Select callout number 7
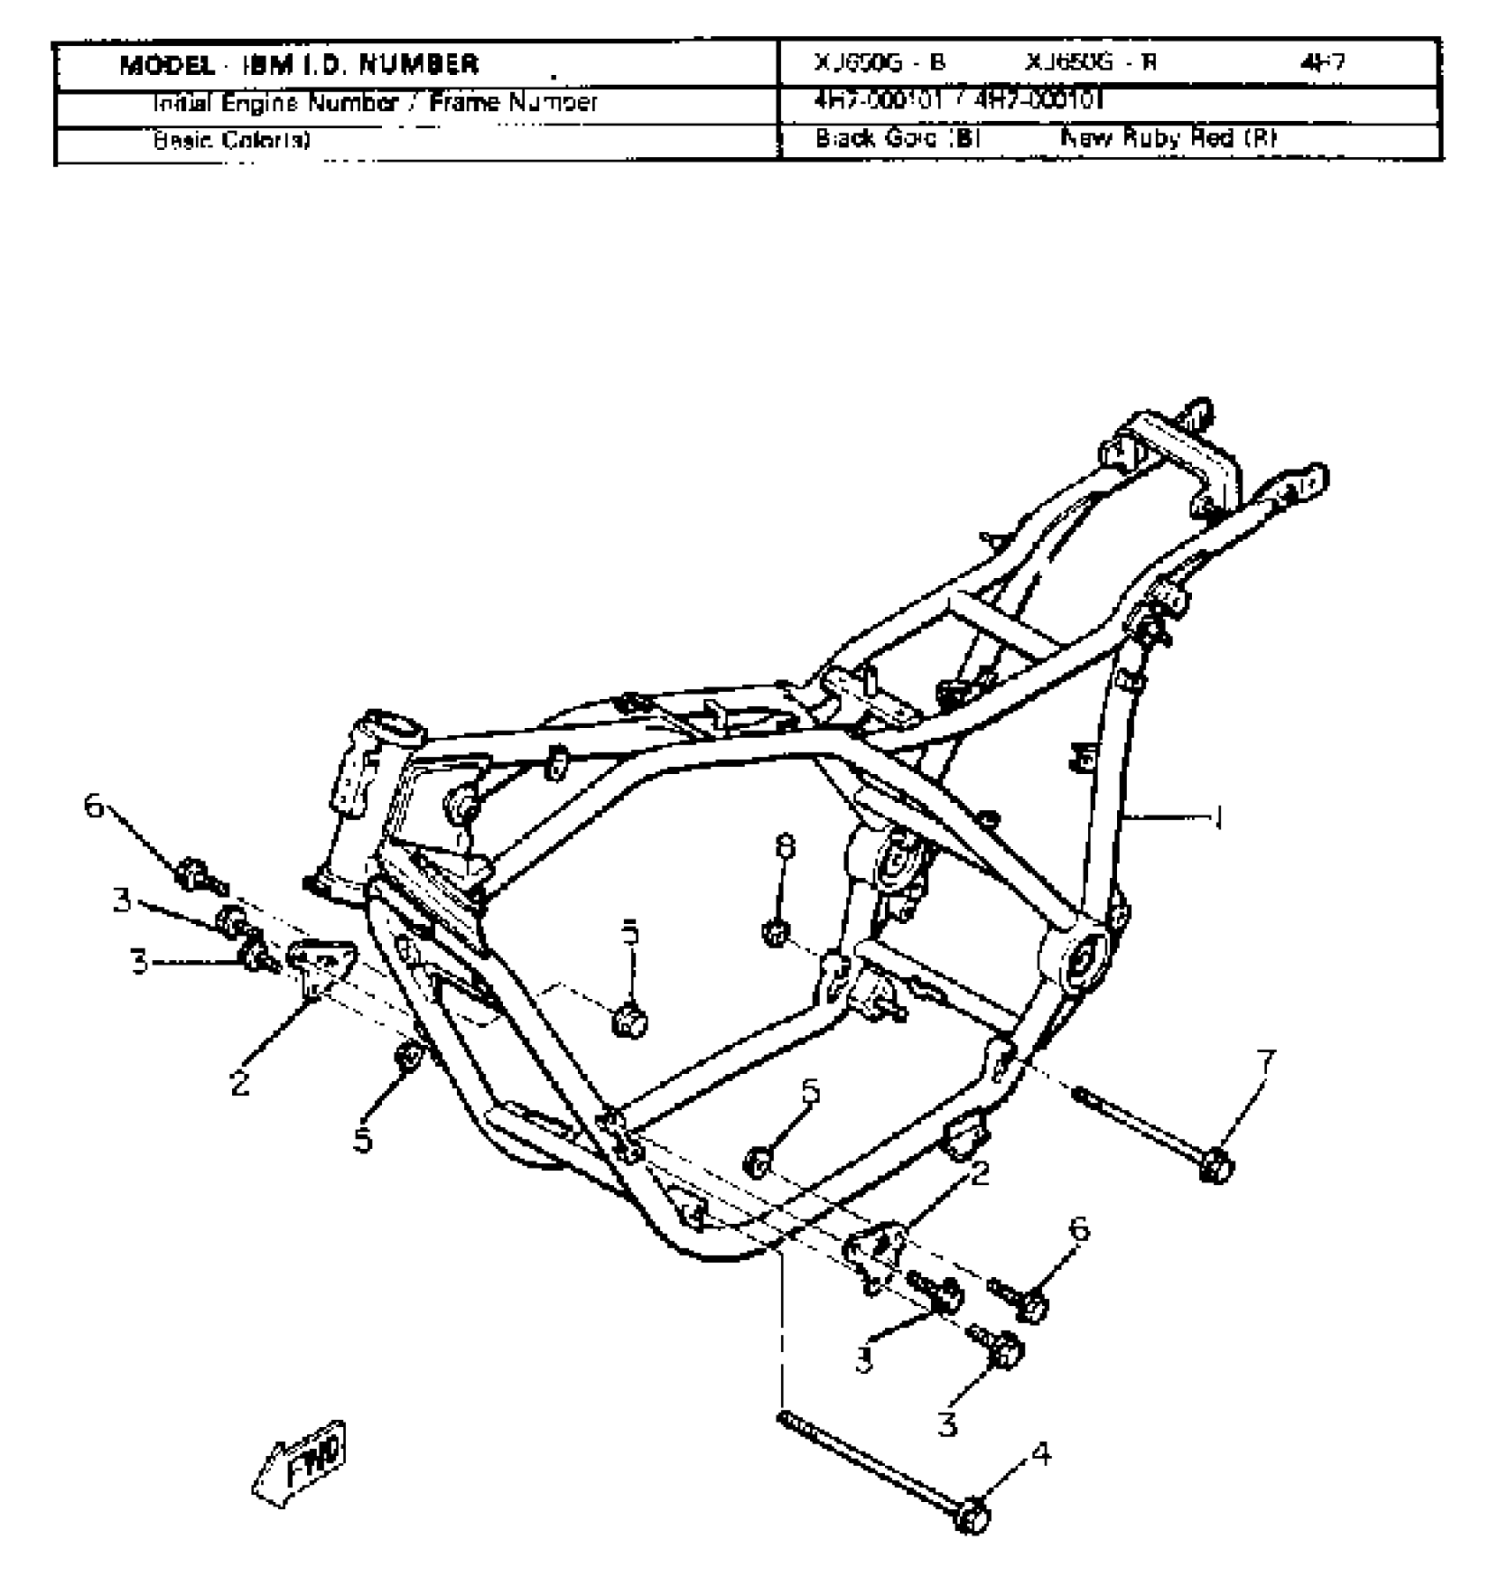(x=1265, y=1063)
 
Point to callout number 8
(x=784, y=846)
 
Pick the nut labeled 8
(x=776, y=933)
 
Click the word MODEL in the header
(x=167, y=65)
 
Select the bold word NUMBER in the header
(x=419, y=65)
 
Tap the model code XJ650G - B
(x=879, y=64)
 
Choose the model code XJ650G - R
(x=1091, y=64)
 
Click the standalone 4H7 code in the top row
(x=1323, y=64)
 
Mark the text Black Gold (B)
(x=896, y=139)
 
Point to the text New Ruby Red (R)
(x=1167, y=139)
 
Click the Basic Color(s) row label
(x=231, y=140)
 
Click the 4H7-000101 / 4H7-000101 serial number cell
(x=957, y=101)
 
